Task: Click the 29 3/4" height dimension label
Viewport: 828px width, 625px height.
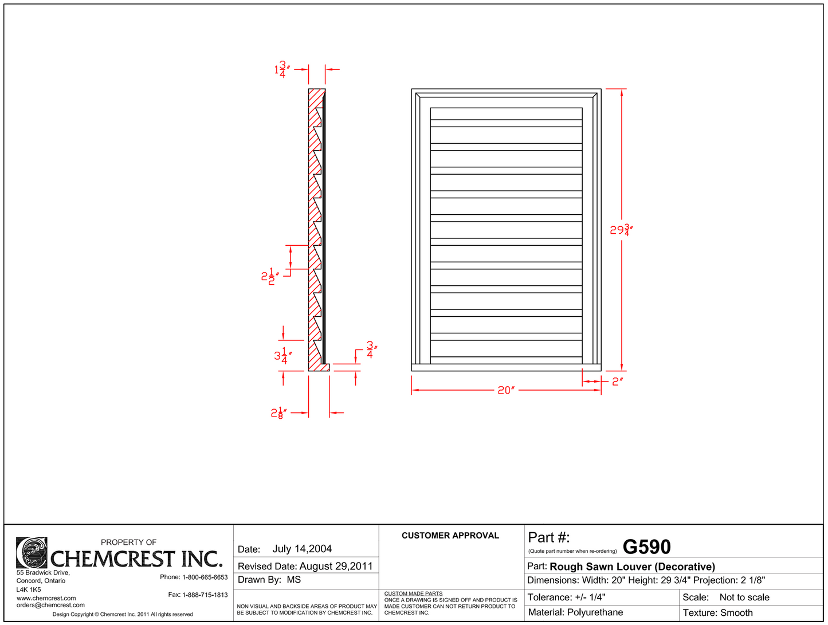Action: [621, 230]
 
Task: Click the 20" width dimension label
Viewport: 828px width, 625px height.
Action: [506, 390]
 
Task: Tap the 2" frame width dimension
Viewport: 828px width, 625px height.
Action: [618, 382]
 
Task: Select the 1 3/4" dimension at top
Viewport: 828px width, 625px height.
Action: [282, 69]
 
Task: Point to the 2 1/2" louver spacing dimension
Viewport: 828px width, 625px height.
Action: [270, 276]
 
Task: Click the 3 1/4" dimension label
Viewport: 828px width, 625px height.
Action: [283, 356]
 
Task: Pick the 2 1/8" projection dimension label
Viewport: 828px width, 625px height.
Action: [278, 413]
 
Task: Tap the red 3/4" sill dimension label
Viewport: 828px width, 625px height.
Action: [372, 349]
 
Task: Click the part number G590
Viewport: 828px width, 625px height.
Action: [646, 547]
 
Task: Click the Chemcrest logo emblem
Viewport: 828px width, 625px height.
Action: [32, 552]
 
